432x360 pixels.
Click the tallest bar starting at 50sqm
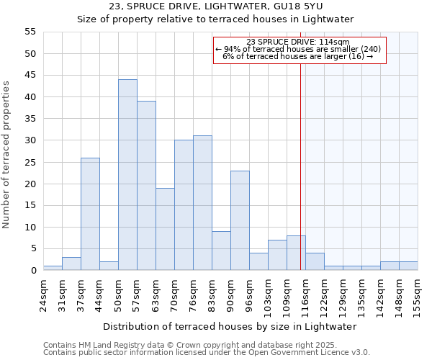click(127, 175)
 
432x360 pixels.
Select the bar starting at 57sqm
click(146, 186)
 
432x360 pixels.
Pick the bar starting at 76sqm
click(202, 203)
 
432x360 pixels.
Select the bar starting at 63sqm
click(165, 229)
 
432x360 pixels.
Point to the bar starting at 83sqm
click(221, 251)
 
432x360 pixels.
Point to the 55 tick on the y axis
click(30, 32)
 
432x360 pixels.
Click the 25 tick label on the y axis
click(30, 162)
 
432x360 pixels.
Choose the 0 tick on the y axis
click(33, 271)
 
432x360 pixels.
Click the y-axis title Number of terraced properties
click(7, 154)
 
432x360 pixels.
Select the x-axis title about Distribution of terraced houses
click(229, 326)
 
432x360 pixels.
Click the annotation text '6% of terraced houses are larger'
click(297, 56)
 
